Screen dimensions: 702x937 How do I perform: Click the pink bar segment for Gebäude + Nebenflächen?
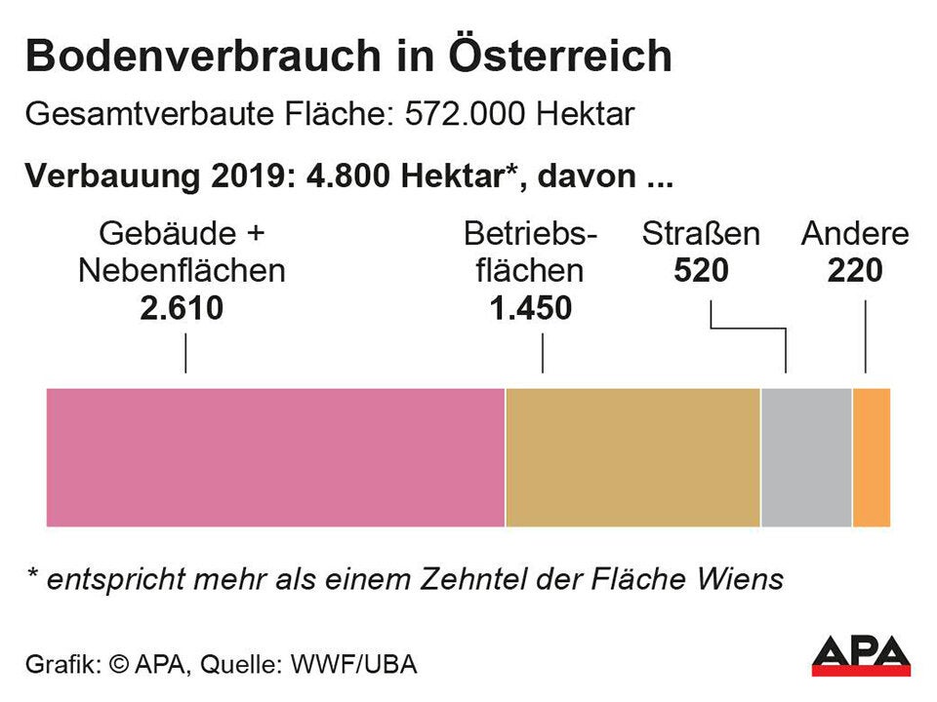275,457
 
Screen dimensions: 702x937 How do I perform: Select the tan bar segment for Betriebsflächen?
632,457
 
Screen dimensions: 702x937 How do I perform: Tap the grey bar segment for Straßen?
806,457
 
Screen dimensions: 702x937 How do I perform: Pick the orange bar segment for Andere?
872,457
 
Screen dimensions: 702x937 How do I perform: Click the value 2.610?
182,308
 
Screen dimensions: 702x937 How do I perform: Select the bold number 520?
701,271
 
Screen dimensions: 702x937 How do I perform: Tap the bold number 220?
855,271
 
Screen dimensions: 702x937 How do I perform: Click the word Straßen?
701,235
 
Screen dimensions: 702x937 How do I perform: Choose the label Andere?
855,235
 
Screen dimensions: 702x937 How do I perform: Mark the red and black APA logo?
860,655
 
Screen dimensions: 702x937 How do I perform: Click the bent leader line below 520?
749,330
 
